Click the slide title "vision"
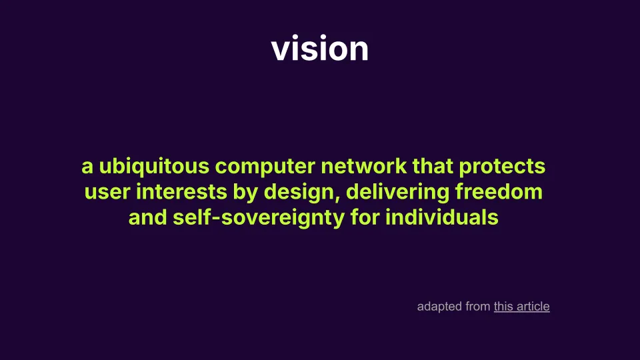320,49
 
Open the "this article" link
521,307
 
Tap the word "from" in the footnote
478,307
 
